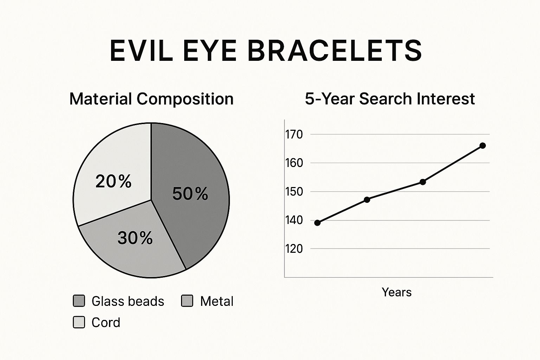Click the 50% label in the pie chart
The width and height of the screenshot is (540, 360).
(x=190, y=194)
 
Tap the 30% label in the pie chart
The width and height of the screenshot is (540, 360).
(x=135, y=238)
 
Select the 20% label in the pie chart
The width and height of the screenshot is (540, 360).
(x=114, y=181)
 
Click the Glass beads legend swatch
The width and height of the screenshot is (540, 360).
(x=79, y=301)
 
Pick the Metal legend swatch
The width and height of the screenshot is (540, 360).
(x=187, y=301)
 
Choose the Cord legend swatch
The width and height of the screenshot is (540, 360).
(x=79, y=322)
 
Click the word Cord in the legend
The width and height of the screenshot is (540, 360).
(x=106, y=322)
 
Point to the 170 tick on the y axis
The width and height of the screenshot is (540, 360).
(x=294, y=134)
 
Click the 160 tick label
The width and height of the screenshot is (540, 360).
(x=294, y=163)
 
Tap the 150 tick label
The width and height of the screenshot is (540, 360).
(x=294, y=192)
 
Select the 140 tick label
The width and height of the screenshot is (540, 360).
(x=294, y=220)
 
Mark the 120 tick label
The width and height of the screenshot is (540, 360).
(x=294, y=249)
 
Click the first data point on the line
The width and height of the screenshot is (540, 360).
(x=317, y=223)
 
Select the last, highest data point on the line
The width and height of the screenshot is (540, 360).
(x=483, y=146)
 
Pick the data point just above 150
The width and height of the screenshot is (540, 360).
(x=423, y=182)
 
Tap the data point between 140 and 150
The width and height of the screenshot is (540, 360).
(x=367, y=200)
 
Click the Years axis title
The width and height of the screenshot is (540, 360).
(x=397, y=292)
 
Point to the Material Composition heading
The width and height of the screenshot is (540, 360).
(x=152, y=99)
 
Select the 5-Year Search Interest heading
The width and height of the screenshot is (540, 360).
(x=390, y=99)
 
